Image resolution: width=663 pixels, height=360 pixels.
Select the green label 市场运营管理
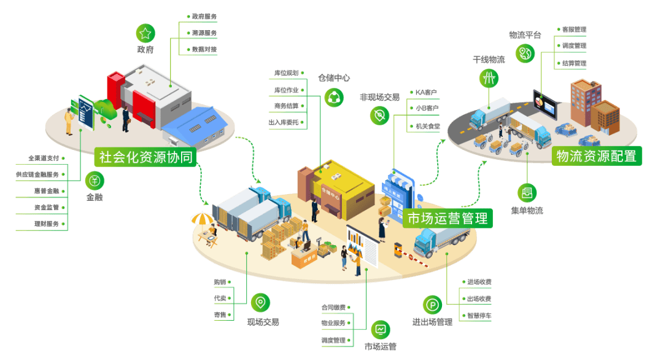click(x=448, y=218)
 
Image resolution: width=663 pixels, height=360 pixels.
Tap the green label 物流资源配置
click(x=596, y=156)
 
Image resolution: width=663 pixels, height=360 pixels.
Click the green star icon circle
click(x=145, y=33)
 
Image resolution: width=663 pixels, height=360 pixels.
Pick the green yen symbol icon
click(x=95, y=181)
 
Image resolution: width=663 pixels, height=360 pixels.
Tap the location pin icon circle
click(x=260, y=302)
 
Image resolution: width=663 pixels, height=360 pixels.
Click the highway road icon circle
click(x=489, y=79)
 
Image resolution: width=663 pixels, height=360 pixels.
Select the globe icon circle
click(x=525, y=53)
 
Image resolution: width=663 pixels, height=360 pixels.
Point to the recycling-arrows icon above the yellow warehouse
click(x=334, y=97)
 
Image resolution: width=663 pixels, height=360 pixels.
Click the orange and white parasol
click(x=202, y=218)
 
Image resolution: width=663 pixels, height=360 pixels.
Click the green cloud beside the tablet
click(x=105, y=110)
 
